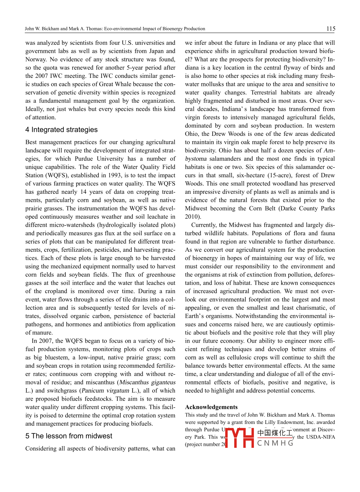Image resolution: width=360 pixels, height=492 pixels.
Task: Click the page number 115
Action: tap(330, 29)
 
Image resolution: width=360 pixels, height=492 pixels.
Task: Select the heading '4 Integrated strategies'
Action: tap(61, 130)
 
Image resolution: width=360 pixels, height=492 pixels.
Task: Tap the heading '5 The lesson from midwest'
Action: tap(69, 436)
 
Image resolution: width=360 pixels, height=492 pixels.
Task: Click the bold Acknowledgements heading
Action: tap(211, 407)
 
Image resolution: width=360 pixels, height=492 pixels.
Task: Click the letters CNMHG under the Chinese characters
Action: tap(275, 443)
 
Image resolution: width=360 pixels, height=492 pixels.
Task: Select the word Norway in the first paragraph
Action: tap(36, 59)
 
